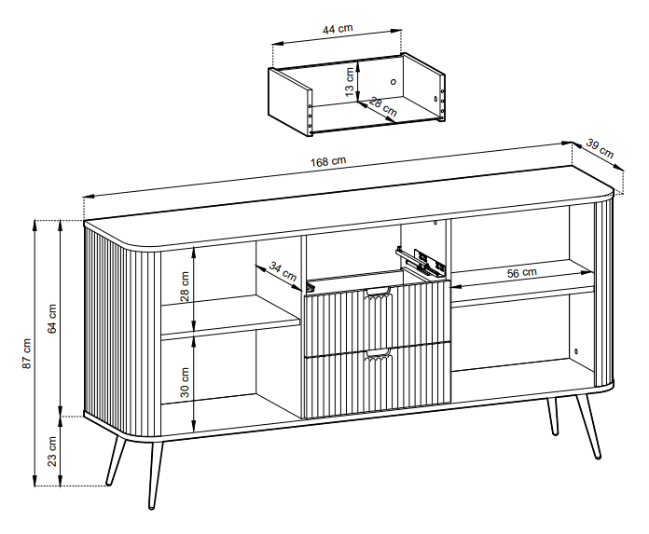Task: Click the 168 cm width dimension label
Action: (328, 161)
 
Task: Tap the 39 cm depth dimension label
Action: (600, 149)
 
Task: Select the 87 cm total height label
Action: (26, 353)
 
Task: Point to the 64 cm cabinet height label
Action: (52, 319)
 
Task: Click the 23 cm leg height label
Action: (52, 451)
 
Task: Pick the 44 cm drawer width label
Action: (338, 29)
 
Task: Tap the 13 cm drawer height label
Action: (350, 82)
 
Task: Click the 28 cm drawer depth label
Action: (382, 107)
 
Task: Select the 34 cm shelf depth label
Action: (283, 271)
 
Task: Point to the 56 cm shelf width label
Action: (522, 272)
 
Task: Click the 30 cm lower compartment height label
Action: (185, 383)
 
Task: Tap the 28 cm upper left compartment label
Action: (185, 286)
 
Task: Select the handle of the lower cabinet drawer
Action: (378, 353)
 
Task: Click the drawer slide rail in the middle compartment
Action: (421, 261)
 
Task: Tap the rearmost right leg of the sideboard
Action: (553, 417)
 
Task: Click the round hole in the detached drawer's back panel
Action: (394, 82)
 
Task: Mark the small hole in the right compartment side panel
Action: (576, 351)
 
